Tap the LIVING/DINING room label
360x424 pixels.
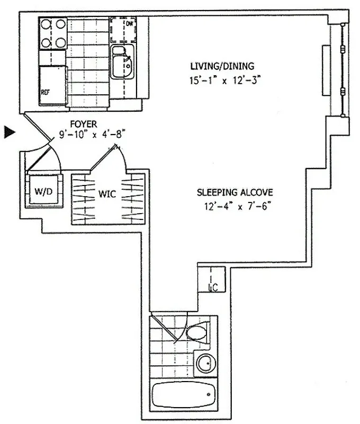click(222, 66)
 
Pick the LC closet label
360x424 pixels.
click(214, 288)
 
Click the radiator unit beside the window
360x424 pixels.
click(326, 71)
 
